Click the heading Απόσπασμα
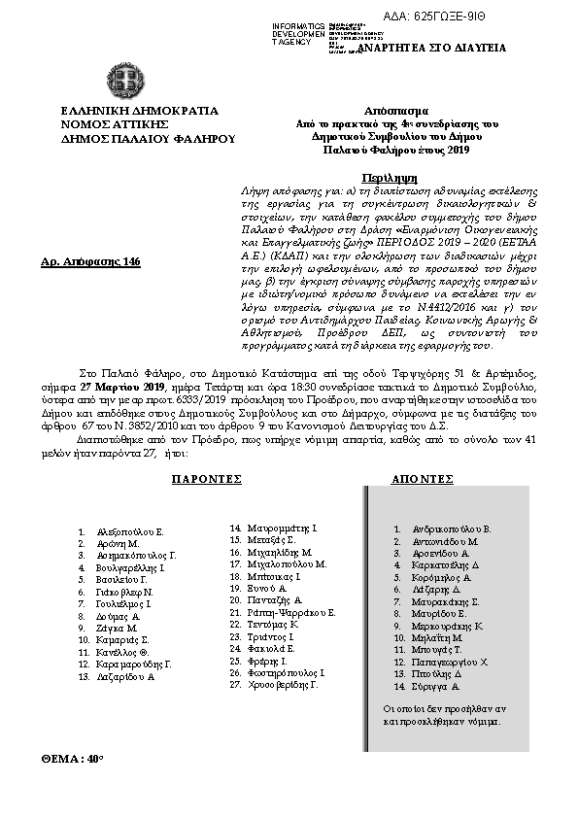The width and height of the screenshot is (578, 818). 396,111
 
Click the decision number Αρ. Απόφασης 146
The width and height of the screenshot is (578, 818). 85,262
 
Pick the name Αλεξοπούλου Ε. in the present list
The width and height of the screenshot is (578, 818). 130,532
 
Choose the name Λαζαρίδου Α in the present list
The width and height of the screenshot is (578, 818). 126,676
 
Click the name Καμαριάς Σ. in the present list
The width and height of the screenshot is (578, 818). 123,640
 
